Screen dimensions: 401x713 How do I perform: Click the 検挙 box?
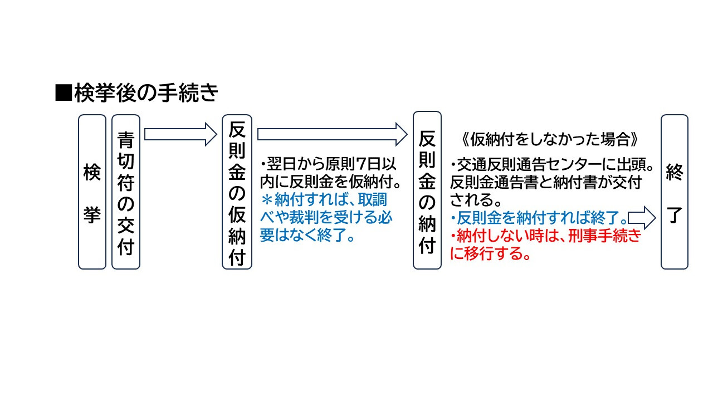click(92, 192)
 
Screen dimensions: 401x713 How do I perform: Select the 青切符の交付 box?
click(125, 192)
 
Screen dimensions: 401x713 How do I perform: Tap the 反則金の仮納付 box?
click(237, 192)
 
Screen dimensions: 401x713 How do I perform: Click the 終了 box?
click(674, 192)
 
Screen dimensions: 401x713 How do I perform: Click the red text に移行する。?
click(490, 255)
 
